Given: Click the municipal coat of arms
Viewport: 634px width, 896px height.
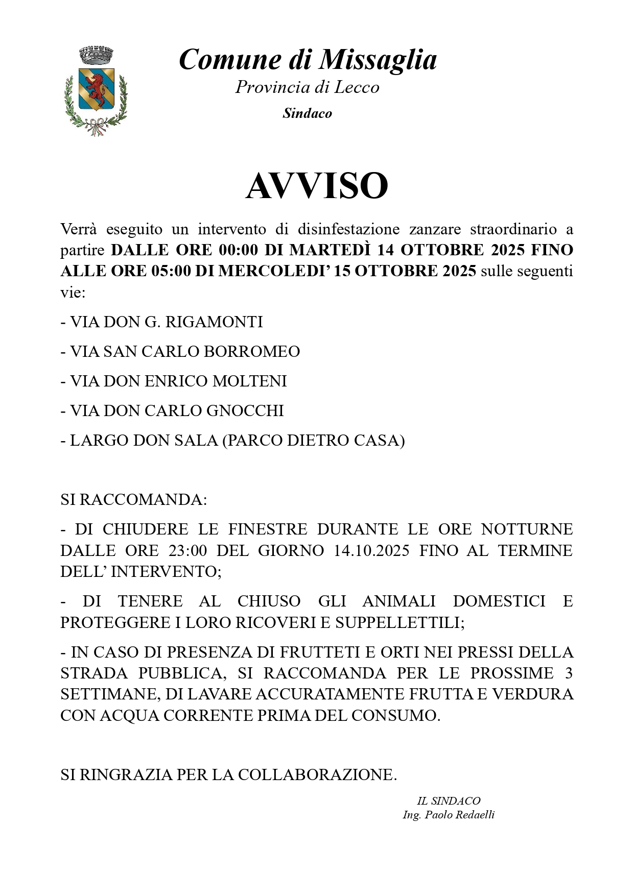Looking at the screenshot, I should point(96,91).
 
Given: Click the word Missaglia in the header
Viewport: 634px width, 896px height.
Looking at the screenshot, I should point(378,60).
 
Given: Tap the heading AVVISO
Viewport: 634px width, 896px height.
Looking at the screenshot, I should point(317,186).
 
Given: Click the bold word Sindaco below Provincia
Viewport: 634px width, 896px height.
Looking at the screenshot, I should point(308,113).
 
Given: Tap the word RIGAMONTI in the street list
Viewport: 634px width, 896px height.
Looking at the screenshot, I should point(222,322).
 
